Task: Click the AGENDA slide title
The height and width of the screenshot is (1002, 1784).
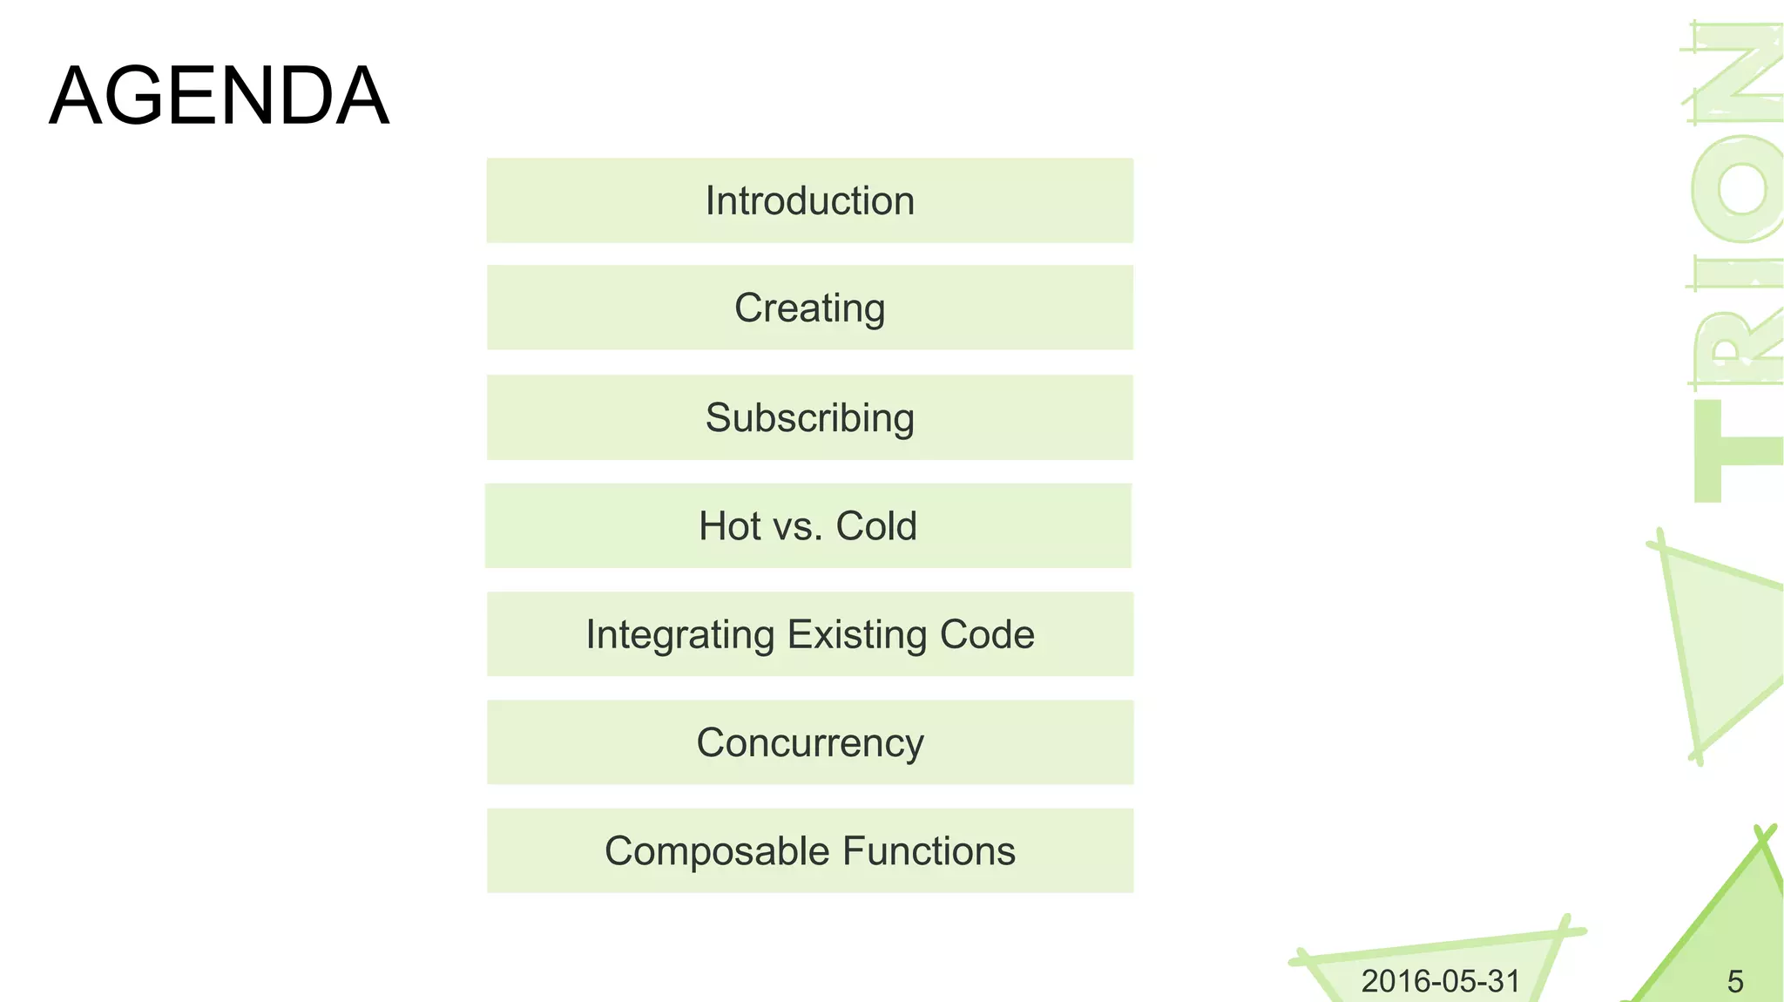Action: click(x=219, y=96)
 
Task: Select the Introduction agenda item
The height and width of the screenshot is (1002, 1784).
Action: click(x=809, y=200)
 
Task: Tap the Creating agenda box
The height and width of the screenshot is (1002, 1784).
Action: click(x=809, y=308)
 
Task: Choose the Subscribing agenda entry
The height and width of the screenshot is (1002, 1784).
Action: click(x=809, y=417)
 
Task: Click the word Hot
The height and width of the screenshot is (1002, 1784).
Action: click(x=729, y=526)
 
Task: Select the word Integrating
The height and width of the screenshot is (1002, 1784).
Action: click(x=679, y=634)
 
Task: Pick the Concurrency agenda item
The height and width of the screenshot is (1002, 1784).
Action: click(x=809, y=743)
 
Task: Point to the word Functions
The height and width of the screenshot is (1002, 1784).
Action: click(x=929, y=851)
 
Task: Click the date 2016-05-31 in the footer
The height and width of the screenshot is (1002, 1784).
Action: click(x=1440, y=981)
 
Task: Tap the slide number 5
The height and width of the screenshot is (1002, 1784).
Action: click(x=1734, y=982)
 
